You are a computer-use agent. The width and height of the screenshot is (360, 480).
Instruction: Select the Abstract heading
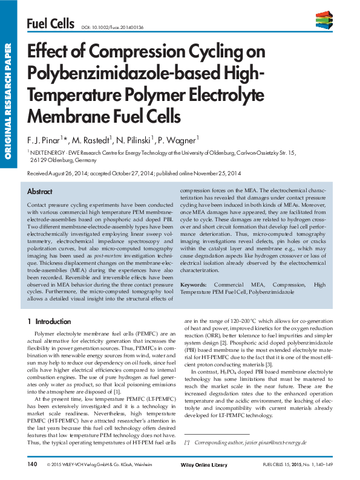(40, 191)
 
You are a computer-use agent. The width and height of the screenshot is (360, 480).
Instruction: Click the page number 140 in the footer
(32, 464)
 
